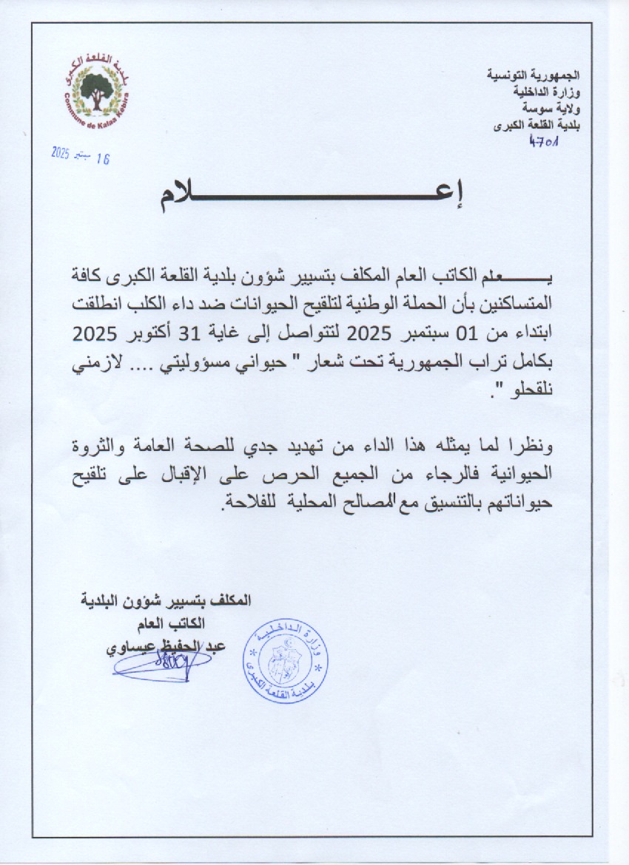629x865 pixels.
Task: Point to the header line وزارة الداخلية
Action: tap(547, 92)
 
